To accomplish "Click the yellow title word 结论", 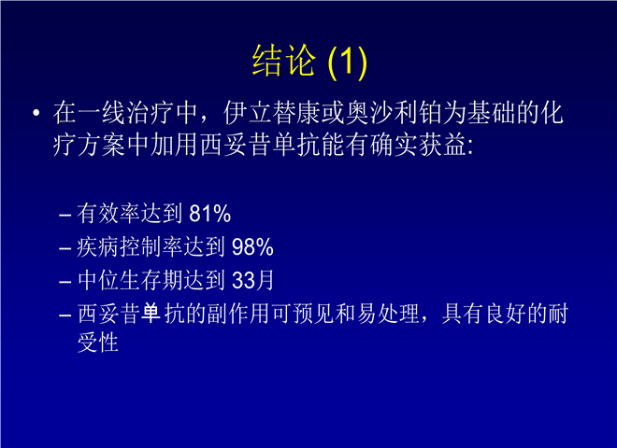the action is (x=283, y=60).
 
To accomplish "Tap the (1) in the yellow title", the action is (x=348, y=62).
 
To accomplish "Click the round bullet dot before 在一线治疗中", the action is (x=36, y=114).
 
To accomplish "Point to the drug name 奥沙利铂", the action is (x=395, y=114).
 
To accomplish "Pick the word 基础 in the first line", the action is (x=491, y=114).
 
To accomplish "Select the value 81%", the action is (x=209, y=214).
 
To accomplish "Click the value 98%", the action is (x=252, y=247).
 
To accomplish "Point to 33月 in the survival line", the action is (x=253, y=281).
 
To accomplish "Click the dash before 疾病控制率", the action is (x=65, y=249).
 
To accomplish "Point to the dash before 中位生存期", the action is (x=65, y=282).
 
